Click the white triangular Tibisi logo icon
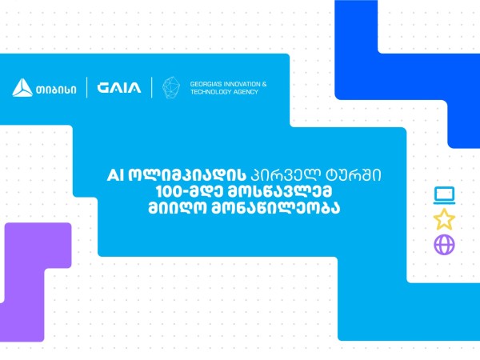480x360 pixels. [22, 88]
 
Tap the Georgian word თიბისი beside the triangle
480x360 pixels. [56, 90]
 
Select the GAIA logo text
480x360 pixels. [119, 88]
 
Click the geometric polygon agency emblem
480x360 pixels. [171, 87]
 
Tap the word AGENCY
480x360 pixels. [246, 92]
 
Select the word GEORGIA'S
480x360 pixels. [206, 84]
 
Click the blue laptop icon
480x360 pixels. [444, 195]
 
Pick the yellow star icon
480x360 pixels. [444, 219]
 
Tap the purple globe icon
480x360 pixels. [444, 244]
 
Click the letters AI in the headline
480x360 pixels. [115, 176]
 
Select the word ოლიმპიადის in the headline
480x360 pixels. [187, 175]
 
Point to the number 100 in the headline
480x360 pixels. [168, 192]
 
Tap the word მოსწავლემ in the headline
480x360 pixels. [281, 192]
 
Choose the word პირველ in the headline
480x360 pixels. [286, 175]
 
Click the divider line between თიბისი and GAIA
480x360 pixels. [87, 87]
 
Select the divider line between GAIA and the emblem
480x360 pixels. [152, 87]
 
